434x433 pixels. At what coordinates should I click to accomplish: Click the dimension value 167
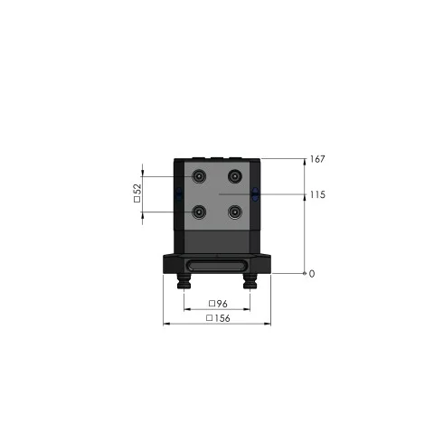tap(317, 159)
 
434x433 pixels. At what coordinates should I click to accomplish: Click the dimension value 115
tap(317, 194)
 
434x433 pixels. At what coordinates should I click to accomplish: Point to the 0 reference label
tap(312, 274)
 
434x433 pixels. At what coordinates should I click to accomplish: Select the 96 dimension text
tap(222, 304)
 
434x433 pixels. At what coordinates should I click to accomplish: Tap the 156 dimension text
tap(222, 318)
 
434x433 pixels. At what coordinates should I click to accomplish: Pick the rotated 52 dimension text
tap(137, 189)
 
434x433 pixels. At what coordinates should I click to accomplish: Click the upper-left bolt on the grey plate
tap(199, 176)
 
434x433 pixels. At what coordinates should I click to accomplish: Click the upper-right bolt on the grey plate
tap(235, 176)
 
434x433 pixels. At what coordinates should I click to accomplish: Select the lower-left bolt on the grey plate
tap(199, 212)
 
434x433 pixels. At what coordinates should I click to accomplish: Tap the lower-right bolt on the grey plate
tap(235, 212)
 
